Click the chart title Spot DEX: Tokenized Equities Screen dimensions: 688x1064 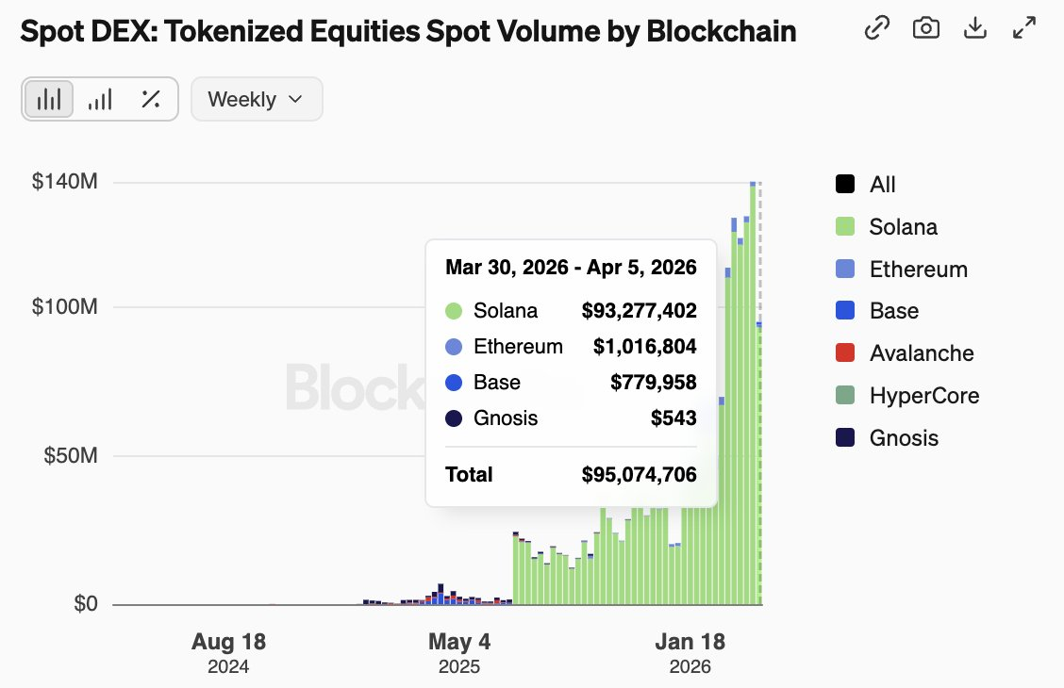coord(407,31)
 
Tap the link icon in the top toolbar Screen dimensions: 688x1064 coord(877,28)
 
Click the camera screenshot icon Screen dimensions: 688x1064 coord(926,28)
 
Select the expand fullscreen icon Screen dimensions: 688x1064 coord(1024,28)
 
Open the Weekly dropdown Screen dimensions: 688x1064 coord(257,99)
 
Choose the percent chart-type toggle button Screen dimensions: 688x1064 coord(150,99)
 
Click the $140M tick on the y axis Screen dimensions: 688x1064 coord(65,182)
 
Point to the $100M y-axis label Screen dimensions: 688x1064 coord(65,307)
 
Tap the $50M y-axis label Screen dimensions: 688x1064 coord(71,456)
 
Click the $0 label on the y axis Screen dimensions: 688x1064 coord(85,604)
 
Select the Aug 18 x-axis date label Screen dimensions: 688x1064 coord(228,643)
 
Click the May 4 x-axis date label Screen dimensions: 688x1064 coord(459,643)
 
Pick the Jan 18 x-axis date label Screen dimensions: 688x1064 coord(690,643)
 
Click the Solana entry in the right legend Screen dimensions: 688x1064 coord(903,227)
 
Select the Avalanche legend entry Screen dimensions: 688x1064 coord(921,353)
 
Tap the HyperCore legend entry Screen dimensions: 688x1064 coord(923,396)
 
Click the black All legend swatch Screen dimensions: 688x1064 coord(845,185)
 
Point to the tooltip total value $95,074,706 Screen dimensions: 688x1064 coord(639,474)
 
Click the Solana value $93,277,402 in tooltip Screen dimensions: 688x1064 coord(639,311)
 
